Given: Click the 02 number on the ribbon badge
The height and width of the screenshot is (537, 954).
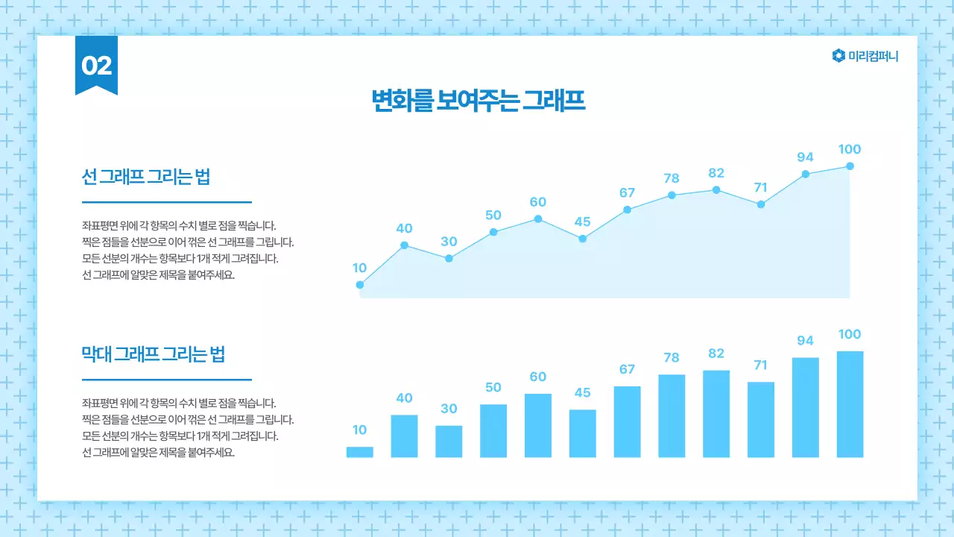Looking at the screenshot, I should click(96, 66).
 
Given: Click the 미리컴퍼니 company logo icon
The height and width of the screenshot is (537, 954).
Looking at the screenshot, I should click(838, 56).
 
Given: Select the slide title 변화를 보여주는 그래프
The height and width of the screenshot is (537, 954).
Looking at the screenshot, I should click(478, 101).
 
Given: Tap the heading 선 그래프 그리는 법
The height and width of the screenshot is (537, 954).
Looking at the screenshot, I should click(145, 177).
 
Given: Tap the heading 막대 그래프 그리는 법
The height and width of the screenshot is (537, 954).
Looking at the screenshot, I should click(153, 354).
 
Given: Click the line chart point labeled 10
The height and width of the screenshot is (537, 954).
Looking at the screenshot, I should click(360, 284).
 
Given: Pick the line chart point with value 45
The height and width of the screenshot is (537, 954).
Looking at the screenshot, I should click(583, 239).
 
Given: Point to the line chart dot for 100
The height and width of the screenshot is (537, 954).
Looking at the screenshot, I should click(850, 166).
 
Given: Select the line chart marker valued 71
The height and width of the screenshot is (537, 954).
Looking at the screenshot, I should click(761, 204).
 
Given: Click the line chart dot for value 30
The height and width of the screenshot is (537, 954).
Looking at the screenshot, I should click(449, 258).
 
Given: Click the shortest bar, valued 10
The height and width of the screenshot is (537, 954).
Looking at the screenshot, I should click(360, 452).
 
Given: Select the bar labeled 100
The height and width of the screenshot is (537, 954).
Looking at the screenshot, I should click(850, 404).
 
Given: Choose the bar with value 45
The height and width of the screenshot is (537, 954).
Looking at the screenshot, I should click(583, 433).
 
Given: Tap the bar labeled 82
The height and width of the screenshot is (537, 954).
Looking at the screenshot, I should click(716, 414).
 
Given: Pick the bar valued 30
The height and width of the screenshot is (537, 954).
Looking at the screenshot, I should click(449, 442).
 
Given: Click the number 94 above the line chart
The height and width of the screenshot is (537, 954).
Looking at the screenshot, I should click(805, 157).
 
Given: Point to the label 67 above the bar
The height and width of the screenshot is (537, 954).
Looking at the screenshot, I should click(627, 369).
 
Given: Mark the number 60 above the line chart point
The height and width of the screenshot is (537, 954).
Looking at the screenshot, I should click(538, 202).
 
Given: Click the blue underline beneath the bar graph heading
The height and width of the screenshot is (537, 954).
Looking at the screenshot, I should click(166, 380).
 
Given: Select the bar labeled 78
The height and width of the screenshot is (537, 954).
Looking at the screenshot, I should click(672, 416).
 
